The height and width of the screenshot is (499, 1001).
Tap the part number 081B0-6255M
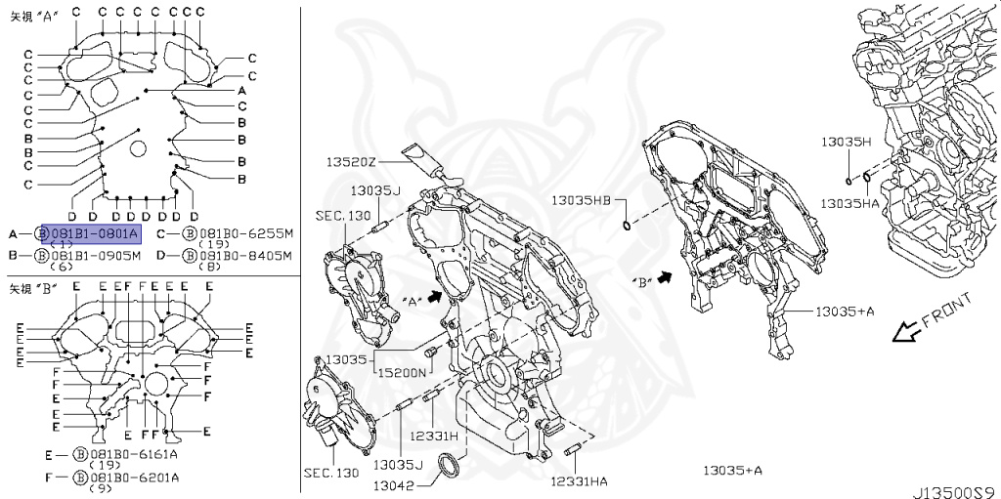[245, 233]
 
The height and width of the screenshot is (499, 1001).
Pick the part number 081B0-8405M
[245, 255]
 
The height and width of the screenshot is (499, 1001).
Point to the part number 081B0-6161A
[133, 455]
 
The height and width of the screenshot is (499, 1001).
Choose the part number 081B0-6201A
[133, 477]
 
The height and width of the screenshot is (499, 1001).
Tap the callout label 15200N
[402, 373]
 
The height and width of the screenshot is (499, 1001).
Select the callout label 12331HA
[578, 480]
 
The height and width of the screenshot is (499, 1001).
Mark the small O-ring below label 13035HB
[626, 228]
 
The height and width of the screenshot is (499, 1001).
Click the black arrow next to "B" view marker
[667, 278]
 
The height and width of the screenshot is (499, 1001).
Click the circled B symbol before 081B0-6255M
[191, 233]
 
